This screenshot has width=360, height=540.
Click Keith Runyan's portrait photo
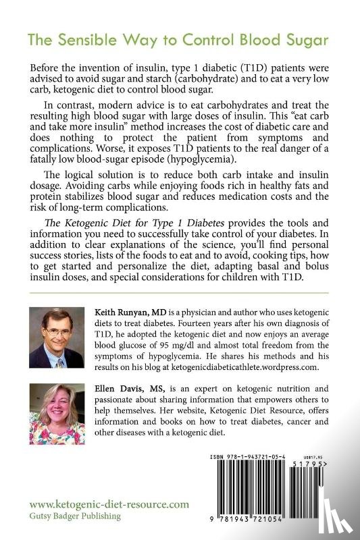pos(56,337)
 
